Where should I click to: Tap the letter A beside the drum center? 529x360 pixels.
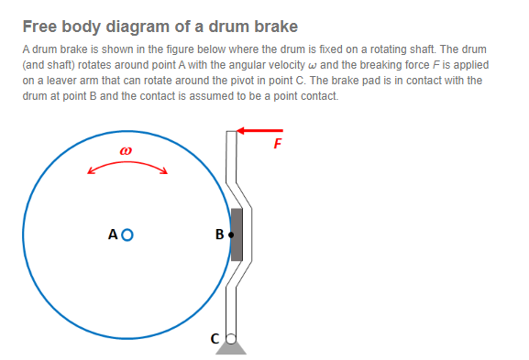click(x=113, y=235)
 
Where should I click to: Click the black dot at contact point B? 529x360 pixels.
click(x=231, y=235)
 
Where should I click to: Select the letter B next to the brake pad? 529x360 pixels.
click(x=220, y=235)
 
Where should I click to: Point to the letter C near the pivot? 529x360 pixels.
click(x=215, y=339)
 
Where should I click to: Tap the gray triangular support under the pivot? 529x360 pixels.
click(x=231, y=348)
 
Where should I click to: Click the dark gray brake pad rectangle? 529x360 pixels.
click(x=237, y=235)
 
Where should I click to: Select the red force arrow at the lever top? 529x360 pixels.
click(x=259, y=130)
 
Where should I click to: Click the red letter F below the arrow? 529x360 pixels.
click(x=277, y=144)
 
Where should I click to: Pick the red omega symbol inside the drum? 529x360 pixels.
click(x=126, y=150)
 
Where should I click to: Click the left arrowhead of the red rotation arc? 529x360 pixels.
click(x=90, y=171)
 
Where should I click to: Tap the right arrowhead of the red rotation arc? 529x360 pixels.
click(x=165, y=171)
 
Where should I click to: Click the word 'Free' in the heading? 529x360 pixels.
click(x=39, y=27)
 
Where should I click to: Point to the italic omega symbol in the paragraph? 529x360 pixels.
click(x=312, y=65)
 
